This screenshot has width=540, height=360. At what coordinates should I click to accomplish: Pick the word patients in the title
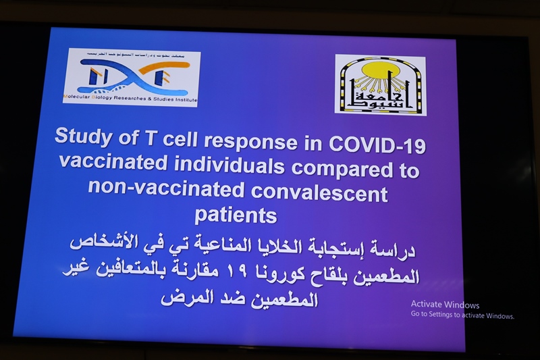[236, 216]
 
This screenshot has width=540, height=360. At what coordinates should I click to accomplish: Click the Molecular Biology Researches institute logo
[131, 77]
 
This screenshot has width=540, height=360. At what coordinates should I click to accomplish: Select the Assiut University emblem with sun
[380, 84]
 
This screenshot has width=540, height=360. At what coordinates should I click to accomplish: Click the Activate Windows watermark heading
[445, 305]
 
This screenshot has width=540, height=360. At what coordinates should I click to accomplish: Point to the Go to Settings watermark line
[462, 315]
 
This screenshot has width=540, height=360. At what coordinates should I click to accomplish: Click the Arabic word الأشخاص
[102, 242]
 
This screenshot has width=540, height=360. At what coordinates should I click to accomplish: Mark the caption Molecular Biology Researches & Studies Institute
[131, 99]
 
